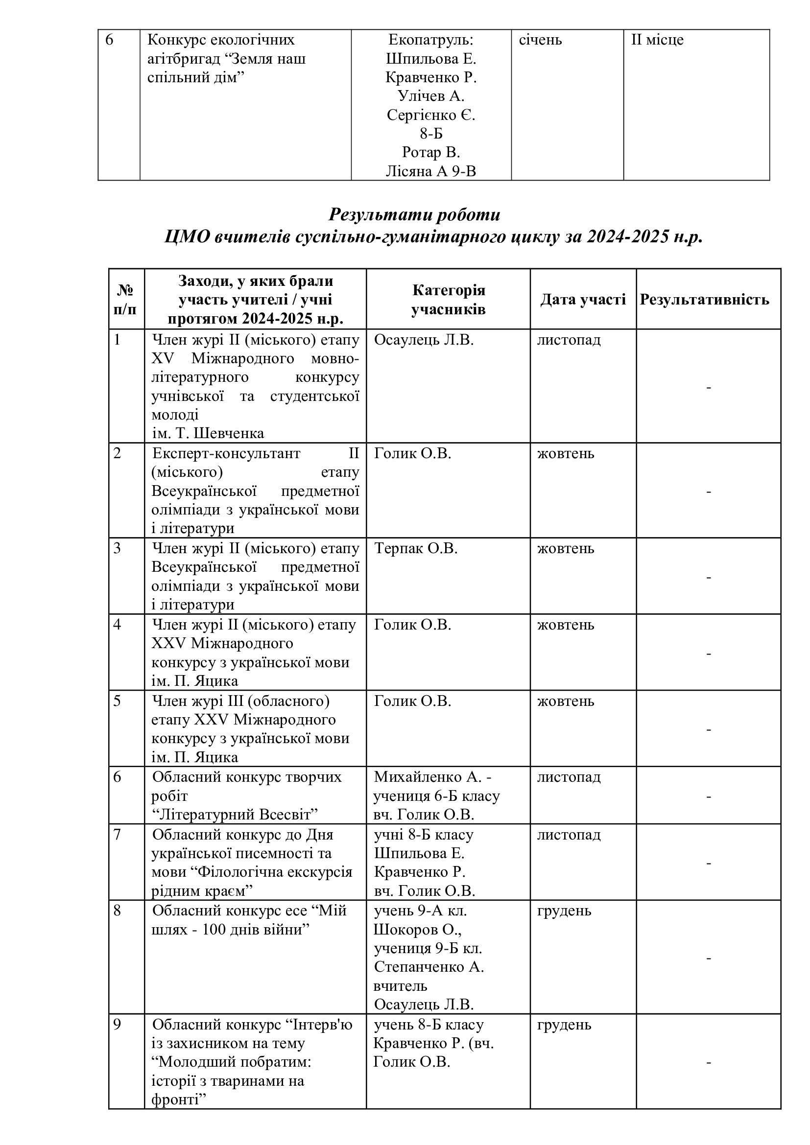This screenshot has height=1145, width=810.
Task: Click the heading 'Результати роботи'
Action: point(414,214)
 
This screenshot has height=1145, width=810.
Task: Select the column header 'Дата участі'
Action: point(583,299)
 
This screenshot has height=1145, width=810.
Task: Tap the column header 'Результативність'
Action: point(704,299)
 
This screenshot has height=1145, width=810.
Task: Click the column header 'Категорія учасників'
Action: point(448,299)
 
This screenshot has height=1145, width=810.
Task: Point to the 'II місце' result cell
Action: point(657,40)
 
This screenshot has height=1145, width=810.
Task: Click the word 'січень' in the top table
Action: point(540,40)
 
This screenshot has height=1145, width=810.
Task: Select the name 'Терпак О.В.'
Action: point(415,548)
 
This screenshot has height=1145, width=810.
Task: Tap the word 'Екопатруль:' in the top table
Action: point(431,40)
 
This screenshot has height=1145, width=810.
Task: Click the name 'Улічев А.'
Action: point(431,96)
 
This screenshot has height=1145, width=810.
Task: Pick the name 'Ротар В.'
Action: point(431,152)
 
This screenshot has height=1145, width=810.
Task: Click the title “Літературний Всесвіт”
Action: point(235,815)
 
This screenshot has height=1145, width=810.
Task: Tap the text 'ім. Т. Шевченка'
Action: point(208,433)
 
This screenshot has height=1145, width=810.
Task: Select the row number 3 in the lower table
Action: point(117,548)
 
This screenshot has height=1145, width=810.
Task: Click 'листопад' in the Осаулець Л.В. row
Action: point(569,340)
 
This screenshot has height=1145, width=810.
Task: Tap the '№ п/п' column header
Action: point(126,299)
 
